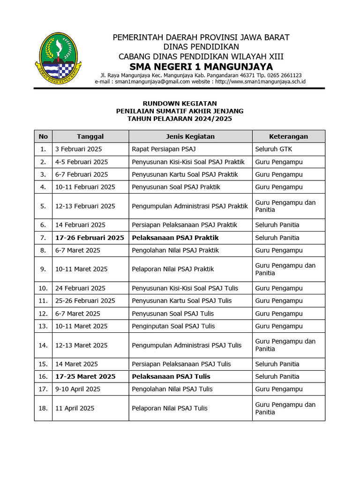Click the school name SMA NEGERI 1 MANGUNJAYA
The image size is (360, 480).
click(x=201, y=66)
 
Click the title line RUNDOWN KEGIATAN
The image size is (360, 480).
click(x=180, y=103)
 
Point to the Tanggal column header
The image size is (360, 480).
click(x=90, y=136)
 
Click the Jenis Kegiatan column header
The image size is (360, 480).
click(x=190, y=136)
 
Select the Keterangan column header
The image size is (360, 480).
click(x=288, y=136)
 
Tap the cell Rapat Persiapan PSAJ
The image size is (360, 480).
click(x=164, y=149)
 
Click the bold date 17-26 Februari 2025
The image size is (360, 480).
click(x=90, y=238)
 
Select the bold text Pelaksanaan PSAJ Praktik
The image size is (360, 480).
click(x=175, y=238)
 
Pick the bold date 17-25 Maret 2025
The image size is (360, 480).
click(x=85, y=376)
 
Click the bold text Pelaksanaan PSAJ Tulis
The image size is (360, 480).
click(x=171, y=376)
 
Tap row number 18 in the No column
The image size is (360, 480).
click(x=43, y=408)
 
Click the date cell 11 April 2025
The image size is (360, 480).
click(x=75, y=408)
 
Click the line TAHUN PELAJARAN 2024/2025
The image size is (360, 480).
click(x=180, y=119)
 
